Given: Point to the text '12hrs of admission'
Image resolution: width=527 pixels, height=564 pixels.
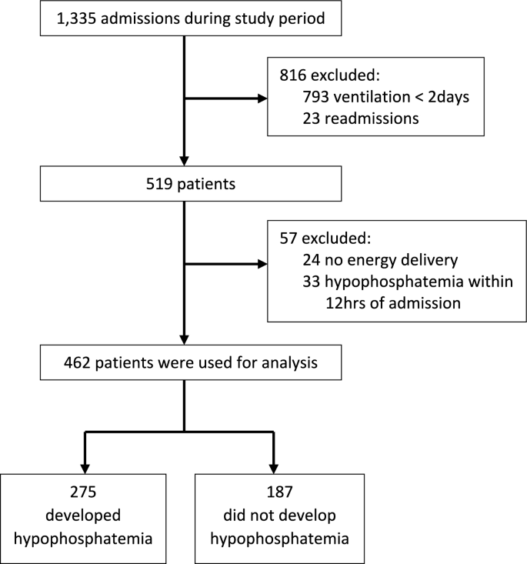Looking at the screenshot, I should (x=399, y=303).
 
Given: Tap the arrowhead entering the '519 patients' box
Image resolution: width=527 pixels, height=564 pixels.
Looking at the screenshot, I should (x=185, y=164).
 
